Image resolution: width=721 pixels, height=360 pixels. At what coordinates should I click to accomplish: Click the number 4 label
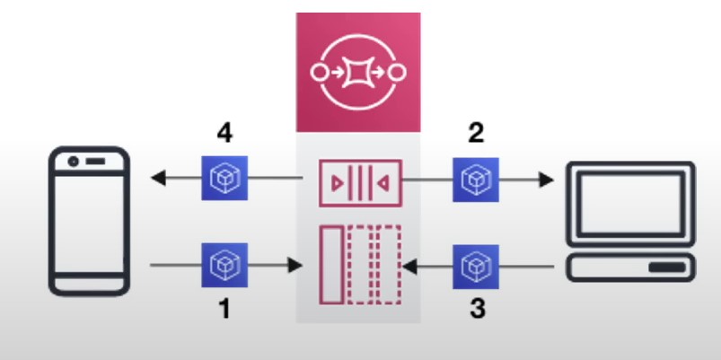click(x=224, y=135)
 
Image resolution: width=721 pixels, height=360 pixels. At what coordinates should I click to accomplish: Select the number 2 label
click(x=476, y=135)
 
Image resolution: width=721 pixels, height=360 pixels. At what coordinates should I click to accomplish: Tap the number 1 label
click(x=224, y=310)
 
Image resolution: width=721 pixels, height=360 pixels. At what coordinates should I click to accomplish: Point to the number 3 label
click(x=477, y=310)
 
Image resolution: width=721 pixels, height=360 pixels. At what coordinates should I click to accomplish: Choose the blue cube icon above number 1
click(x=219, y=265)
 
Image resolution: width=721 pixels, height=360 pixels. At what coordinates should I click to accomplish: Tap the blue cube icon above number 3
click(x=471, y=265)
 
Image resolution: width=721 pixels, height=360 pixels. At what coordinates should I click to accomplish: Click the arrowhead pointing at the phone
click(x=157, y=179)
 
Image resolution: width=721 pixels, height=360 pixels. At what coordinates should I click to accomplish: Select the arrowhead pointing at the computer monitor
click(x=546, y=179)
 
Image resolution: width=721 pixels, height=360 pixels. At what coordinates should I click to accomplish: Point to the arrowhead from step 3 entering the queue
click(x=409, y=266)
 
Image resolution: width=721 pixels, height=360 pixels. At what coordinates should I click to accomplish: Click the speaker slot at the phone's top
click(x=95, y=164)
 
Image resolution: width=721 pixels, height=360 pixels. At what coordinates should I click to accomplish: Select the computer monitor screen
click(x=628, y=201)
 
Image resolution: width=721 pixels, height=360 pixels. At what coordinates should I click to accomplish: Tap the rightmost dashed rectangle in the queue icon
click(x=390, y=265)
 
